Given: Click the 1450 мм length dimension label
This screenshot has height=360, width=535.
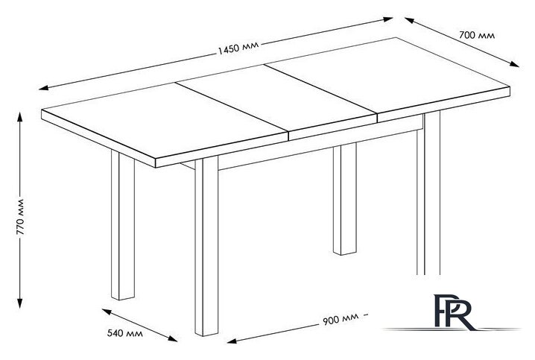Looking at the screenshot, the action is (238, 48).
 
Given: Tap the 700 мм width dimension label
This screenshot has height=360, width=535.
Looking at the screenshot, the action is (477, 35).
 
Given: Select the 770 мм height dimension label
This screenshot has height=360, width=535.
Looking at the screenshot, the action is (20, 217).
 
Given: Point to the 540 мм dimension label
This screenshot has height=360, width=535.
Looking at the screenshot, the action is (125, 333).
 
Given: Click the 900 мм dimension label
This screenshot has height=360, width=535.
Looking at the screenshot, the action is (341, 319).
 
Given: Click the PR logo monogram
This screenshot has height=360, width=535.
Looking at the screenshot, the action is (454, 312).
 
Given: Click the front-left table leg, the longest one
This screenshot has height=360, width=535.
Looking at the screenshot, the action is (206, 247).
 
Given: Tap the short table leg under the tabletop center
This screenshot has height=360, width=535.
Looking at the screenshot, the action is (344, 199).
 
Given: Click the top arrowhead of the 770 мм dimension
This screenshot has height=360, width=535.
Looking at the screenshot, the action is (20, 117).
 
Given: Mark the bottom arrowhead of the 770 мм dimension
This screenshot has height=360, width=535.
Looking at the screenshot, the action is (20, 303).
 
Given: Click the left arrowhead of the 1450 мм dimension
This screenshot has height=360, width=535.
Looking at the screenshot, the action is (44, 88).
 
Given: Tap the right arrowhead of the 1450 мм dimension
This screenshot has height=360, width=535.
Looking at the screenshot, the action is (388, 19).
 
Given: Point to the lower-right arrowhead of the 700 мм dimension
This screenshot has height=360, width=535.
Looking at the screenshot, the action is (514, 64).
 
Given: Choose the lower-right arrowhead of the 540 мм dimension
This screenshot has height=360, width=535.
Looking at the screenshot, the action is (173, 338).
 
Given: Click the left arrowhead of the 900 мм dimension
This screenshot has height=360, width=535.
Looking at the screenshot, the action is (232, 341).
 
